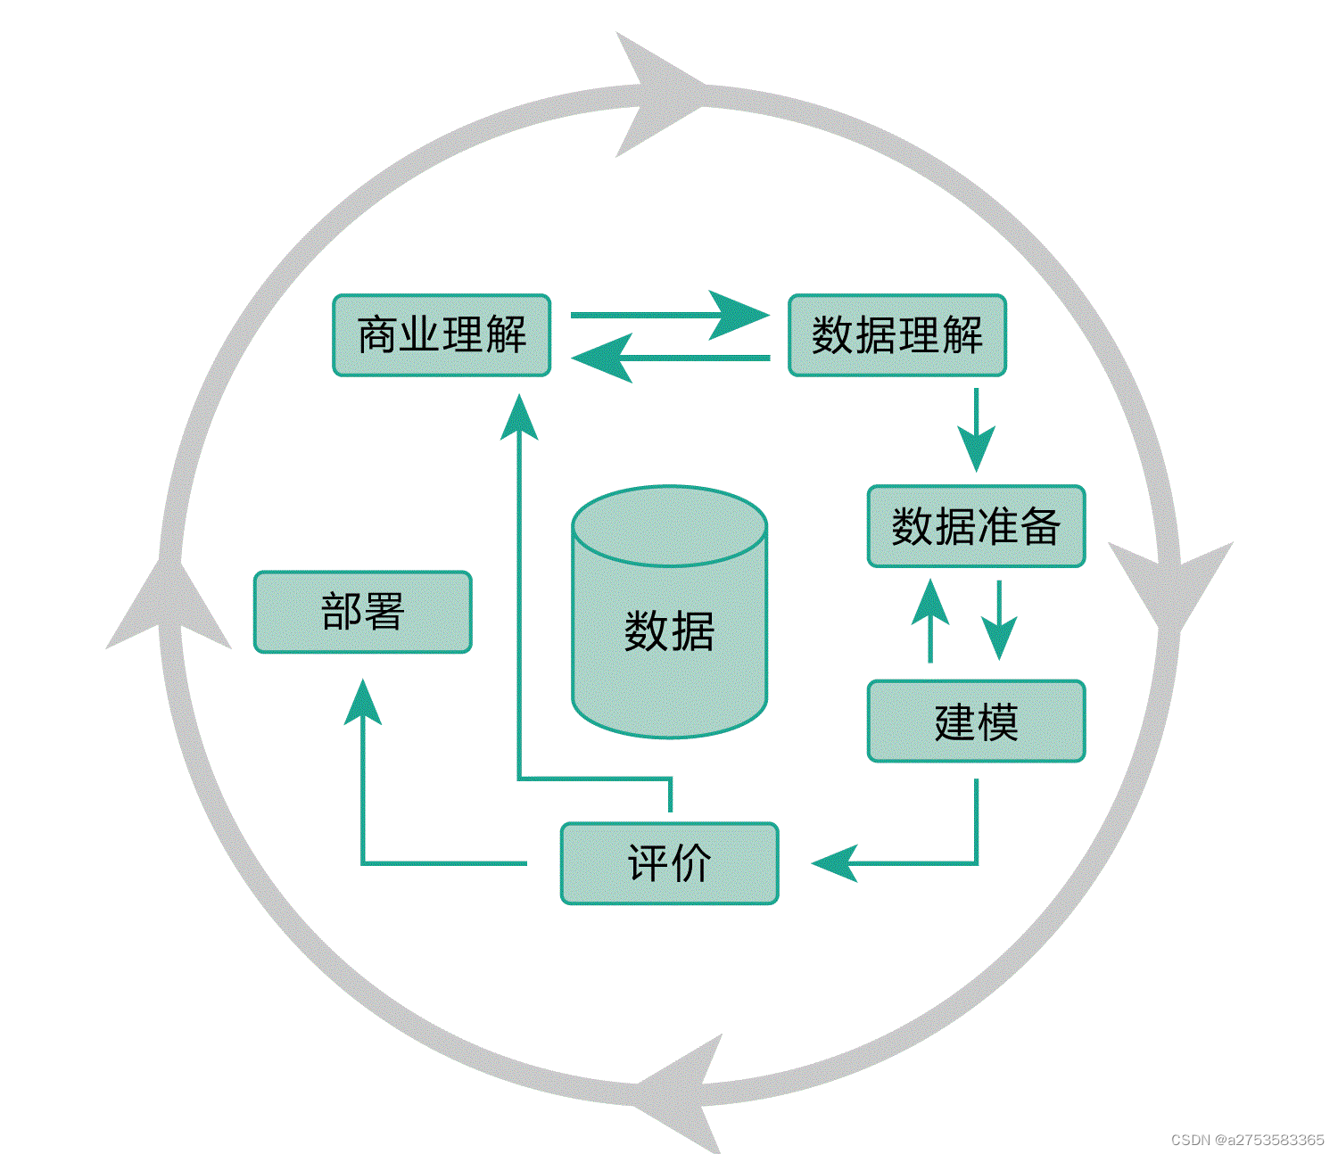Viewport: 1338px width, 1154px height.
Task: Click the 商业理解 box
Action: tap(442, 335)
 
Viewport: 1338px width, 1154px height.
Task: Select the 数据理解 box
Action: tap(896, 335)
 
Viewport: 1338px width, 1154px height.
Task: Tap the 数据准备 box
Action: tap(976, 526)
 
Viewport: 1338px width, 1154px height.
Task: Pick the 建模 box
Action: tap(976, 721)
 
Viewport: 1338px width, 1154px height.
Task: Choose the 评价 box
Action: tap(669, 863)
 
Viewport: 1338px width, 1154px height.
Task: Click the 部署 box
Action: tap(362, 612)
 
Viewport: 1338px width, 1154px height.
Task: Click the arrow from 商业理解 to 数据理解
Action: tap(669, 315)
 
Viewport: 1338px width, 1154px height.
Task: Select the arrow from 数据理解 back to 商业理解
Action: tap(669, 358)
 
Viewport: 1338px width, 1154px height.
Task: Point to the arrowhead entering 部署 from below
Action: tap(363, 703)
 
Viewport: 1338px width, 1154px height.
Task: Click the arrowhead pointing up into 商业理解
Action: tap(519, 417)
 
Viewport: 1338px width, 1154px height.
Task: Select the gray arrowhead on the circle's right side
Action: tap(1169, 584)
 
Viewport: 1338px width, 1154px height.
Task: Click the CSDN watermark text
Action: tap(1247, 1140)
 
